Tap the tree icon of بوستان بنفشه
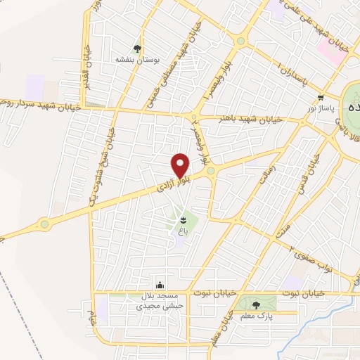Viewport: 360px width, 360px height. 137,49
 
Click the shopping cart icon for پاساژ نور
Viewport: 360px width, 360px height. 321,98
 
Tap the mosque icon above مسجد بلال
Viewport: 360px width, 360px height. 161,285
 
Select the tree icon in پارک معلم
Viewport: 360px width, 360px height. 255,304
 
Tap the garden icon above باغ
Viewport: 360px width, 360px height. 184,221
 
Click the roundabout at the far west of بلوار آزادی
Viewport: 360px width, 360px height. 45,224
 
